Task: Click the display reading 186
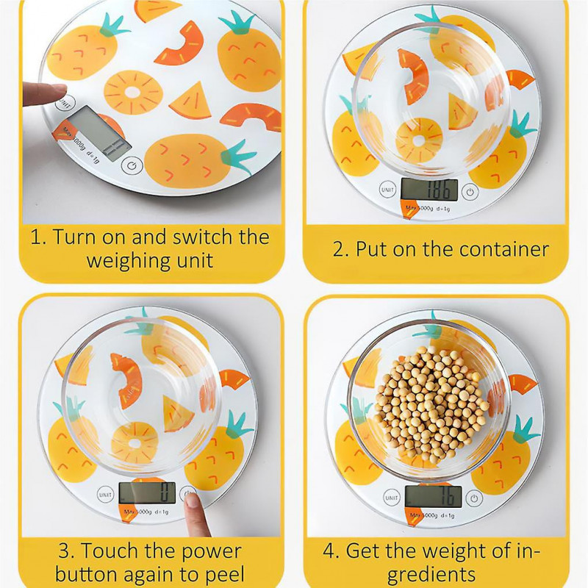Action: click(430, 189)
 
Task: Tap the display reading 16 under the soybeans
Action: click(434, 495)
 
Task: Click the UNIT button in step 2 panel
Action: click(387, 190)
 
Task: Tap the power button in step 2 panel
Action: click(470, 193)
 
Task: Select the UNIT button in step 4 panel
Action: click(390, 495)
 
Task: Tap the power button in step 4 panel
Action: click(475, 498)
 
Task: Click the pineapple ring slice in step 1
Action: click(133, 92)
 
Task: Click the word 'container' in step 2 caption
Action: click(503, 249)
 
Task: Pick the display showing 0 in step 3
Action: click(147, 492)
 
